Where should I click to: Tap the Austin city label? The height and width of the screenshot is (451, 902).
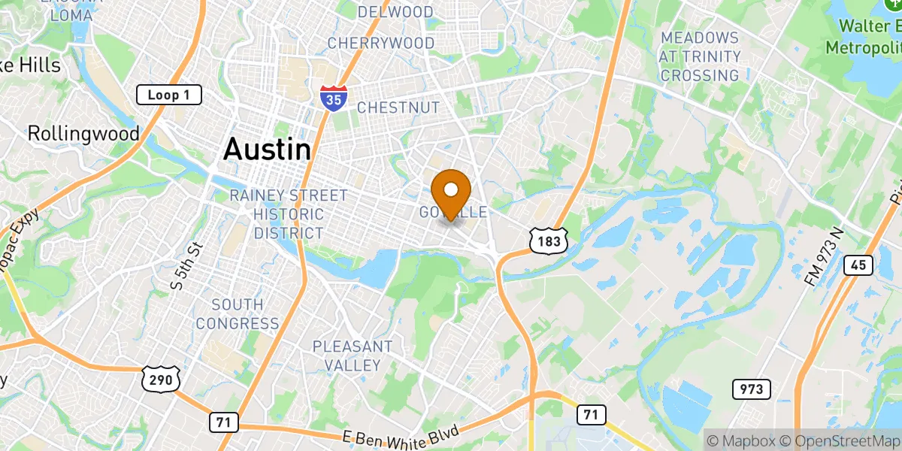coord(267,149)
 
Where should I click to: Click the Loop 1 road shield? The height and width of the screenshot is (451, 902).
coord(169,95)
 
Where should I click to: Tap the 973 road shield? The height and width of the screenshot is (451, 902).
coord(751,389)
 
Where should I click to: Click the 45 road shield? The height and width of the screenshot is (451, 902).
coord(858,265)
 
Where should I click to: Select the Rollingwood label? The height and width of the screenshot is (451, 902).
coord(83,134)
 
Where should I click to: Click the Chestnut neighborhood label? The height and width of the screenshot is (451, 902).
coord(398,108)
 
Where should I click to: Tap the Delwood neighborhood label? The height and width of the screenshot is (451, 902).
coord(395,12)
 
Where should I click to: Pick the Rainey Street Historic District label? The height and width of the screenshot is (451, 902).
coord(289,214)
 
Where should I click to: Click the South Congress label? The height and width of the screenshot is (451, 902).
coord(238,314)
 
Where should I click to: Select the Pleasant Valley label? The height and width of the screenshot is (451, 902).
coord(353,356)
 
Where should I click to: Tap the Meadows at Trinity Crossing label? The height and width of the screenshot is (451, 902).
coord(699,56)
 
